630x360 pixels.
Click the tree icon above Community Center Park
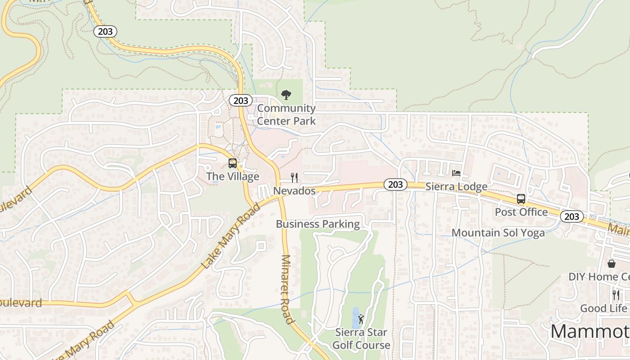(286, 95)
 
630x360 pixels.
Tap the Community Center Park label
(286, 114)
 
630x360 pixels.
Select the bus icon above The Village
(233, 163)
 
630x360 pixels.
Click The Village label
(233, 176)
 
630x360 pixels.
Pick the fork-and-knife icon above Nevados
(294, 178)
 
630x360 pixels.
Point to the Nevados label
(294, 191)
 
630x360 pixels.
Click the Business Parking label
(318, 224)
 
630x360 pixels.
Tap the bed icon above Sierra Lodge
(456, 173)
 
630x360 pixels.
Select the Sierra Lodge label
(456, 186)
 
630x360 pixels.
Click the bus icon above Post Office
(521, 198)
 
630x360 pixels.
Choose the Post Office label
(521, 211)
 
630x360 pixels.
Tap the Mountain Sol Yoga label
(498, 233)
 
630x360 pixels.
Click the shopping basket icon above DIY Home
(612, 263)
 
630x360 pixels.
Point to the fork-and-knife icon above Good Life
(616, 295)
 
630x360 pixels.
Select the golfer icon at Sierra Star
(361, 319)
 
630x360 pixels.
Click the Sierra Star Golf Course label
(362, 339)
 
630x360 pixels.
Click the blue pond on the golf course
(355, 317)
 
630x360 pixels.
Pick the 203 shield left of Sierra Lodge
(395, 184)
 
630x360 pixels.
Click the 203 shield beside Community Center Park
(241, 100)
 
